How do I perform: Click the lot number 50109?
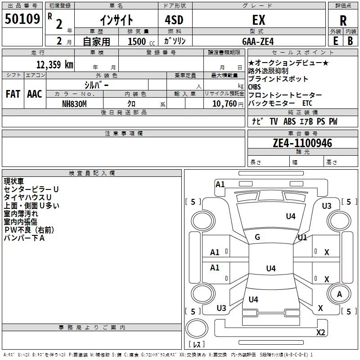coord(22,19)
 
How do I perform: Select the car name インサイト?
coord(117,20)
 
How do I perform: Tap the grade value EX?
coord(259,20)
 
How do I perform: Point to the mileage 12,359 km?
coord(54,65)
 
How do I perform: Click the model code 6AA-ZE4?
coord(258,41)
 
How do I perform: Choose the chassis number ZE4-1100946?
coord(302,143)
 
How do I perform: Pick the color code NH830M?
coord(74,104)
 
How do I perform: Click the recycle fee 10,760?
coord(224,104)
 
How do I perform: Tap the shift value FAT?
coord(13,94)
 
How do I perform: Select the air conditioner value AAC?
coord(35,94)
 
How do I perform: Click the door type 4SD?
coord(174,20)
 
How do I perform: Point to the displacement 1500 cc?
coord(141,41)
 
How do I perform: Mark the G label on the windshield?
coord(257,237)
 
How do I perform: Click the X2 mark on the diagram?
coord(320,332)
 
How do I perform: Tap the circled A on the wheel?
coord(339,294)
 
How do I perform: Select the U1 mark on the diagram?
coord(302,238)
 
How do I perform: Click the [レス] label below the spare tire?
coord(197,344)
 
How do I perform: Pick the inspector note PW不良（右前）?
coord(29,230)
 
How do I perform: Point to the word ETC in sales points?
coord(307,103)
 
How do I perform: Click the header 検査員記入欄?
coord(92,173)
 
